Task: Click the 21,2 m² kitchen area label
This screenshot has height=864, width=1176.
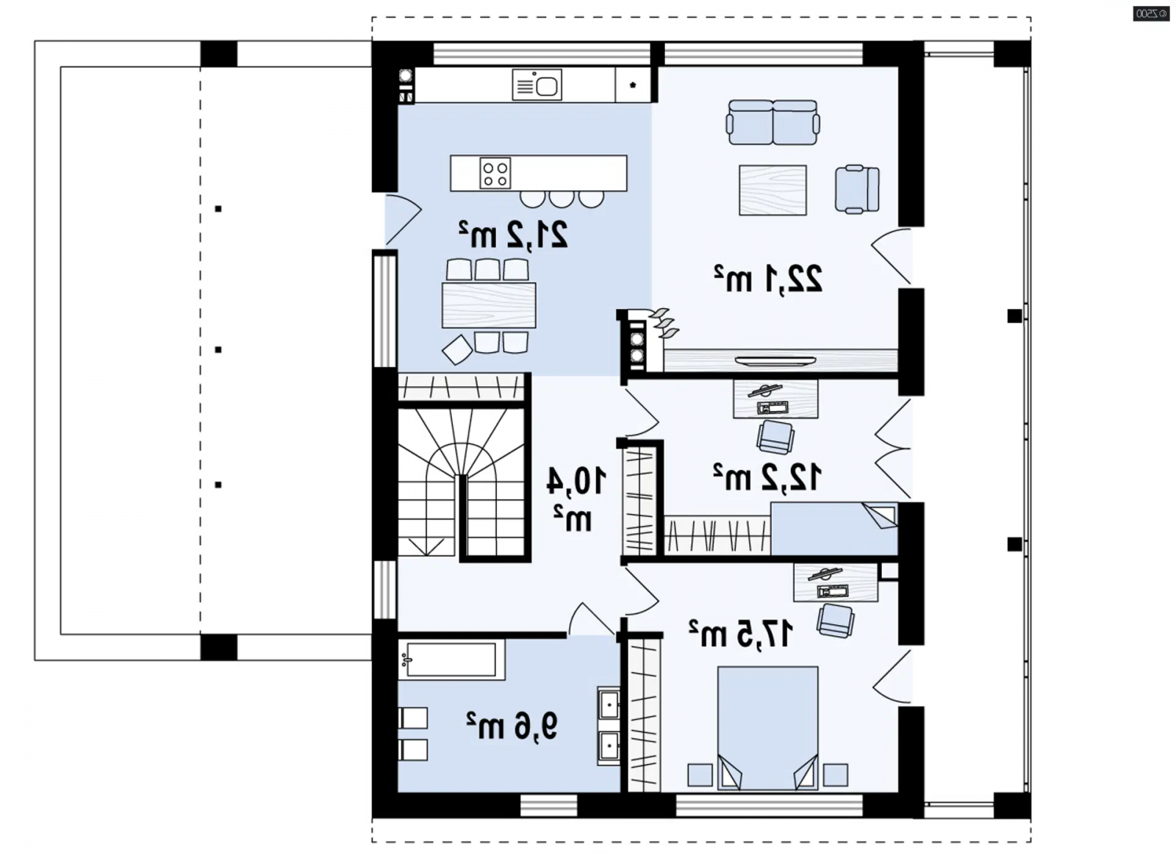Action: click(x=514, y=235)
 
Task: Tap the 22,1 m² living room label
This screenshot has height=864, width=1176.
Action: click(x=768, y=279)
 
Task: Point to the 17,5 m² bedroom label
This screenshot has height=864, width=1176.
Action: click(x=741, y=634)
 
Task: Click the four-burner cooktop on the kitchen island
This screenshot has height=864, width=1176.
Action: click(x=495, y=173)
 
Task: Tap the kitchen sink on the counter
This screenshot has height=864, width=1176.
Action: click(x=537, y=85)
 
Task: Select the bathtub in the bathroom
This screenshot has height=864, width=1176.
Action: click(x=451, y=660)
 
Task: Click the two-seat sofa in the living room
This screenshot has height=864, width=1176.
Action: click(x=772, y=122)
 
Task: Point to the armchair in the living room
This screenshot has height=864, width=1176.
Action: click(x=857, y=189)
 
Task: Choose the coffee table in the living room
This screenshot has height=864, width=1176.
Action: click(x=772, y=190)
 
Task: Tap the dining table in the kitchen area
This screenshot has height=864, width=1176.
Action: click(x=489, y=305)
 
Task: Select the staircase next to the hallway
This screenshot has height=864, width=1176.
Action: click(x=462, y=482)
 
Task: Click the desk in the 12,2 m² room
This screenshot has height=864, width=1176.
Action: click(x=775, y=399)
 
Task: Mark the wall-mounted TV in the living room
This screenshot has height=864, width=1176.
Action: click(x=775, y=360)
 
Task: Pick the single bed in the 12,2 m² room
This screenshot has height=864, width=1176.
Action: click(x=833, y=529)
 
